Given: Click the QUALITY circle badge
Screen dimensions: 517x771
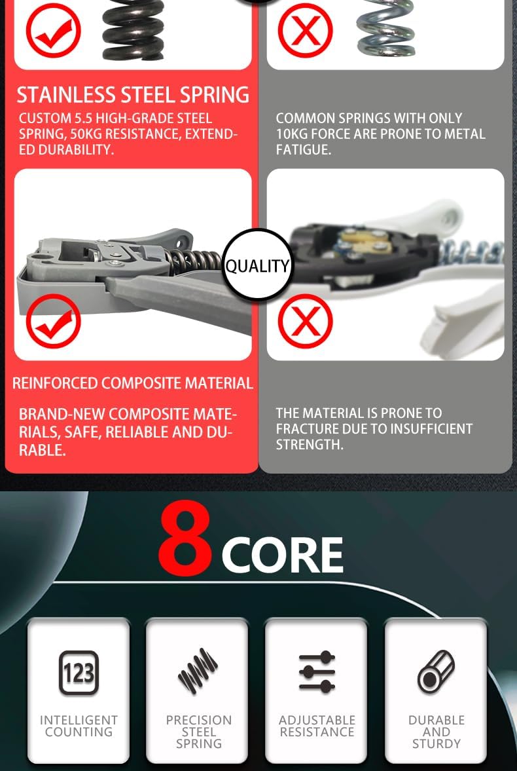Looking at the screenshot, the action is [x=257, y=265].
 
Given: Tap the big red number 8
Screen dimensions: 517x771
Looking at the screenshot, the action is [x=185, y=538].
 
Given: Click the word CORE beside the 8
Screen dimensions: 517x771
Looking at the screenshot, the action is [x=282, y=555].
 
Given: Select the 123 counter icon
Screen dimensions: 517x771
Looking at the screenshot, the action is [x=79, y=672].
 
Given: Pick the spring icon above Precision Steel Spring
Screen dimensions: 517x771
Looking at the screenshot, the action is [x=198, y=671].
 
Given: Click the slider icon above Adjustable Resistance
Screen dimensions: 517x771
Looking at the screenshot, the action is [x=317, y=671].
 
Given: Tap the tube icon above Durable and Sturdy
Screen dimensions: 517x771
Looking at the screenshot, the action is [x=436, y=671].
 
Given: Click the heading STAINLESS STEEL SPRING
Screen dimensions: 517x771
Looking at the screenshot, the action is [x=134, y=95].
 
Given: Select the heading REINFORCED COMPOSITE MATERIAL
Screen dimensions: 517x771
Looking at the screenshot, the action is [x=133, y=383].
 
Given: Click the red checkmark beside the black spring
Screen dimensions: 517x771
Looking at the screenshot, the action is [x=53, y=31].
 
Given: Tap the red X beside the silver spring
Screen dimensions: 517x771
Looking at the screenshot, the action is [x=305, y=30].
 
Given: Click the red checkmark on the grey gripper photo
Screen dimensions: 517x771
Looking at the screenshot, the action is [x=53, y=321].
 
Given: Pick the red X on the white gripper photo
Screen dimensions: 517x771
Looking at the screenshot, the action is [x=305, y=321].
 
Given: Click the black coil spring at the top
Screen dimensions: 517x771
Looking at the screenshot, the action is [x=134, y=29].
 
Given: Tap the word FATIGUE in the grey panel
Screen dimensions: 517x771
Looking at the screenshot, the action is [x=303, y=149].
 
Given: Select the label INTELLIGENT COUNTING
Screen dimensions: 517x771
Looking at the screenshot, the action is [x=79, y=726].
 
